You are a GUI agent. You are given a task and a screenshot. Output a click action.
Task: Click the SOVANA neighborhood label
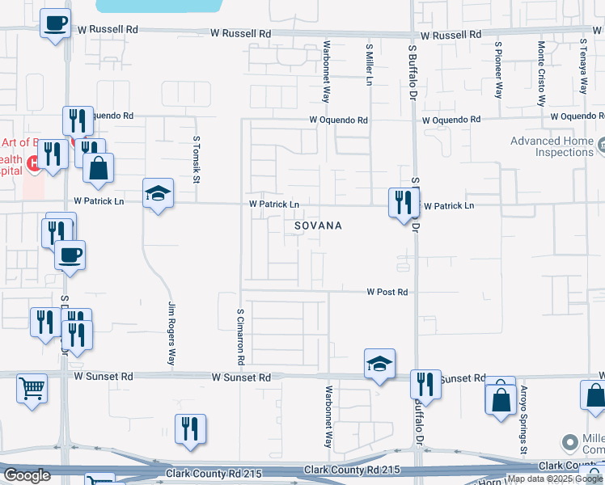pos(318,226)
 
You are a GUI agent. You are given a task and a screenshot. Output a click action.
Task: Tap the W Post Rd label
pos(387,292)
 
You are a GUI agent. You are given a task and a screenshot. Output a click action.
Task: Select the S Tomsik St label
pos(196,158)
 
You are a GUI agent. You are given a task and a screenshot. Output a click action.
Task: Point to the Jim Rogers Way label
pos(171,333)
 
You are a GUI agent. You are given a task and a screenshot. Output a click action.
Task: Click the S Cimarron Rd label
pos(240,333)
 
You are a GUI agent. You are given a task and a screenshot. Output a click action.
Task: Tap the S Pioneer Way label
pos(499,70)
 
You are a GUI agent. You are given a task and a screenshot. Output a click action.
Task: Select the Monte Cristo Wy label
pos(540,74)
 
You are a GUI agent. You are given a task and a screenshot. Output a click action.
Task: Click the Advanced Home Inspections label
pos(552,146)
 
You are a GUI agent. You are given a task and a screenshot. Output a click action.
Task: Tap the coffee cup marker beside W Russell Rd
pos(55,23)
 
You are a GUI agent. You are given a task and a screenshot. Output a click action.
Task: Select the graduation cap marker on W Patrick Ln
pos(159,193)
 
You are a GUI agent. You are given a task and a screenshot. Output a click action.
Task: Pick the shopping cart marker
pos(32,388)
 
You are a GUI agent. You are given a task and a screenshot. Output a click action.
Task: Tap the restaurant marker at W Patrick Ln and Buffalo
pos(402,202)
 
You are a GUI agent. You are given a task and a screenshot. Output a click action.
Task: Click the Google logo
pos(27,475)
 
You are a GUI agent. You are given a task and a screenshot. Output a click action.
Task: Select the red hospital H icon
pos(34,164)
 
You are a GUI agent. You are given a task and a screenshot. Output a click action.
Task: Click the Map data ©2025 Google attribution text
pos(555,479)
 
